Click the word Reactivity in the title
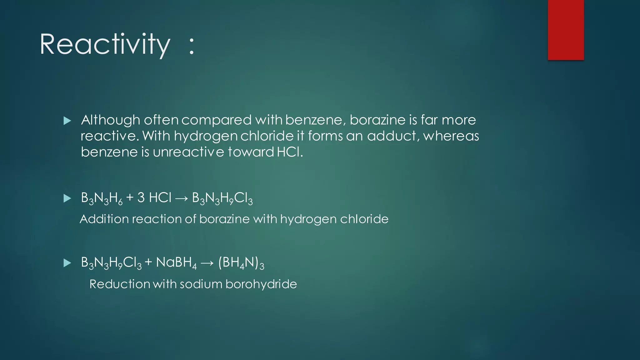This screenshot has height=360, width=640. click(x=105, y=45)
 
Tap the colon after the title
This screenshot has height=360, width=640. click(x=192, y=46)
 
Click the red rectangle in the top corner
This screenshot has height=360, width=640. click(x=566, y=30)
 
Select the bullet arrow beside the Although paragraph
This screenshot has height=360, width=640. click(x=67, y=121)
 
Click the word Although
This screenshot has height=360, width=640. click(x=110, y=120)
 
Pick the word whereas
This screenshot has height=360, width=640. click(x=451, y=136)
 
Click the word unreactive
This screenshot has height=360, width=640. click(x=188, y=152)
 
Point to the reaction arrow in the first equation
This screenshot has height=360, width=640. click(x=182, y=198)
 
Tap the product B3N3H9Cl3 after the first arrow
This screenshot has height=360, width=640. click(x=222, y=198)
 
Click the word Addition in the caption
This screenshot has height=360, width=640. click(x=104, y=219)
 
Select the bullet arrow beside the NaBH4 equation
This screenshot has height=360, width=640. click(x=67, y=263)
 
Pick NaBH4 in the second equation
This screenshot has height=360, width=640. click(x=176, y=262)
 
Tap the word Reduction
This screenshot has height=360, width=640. click(x=120, y=284)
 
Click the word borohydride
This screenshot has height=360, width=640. click(x=261, y=284)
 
